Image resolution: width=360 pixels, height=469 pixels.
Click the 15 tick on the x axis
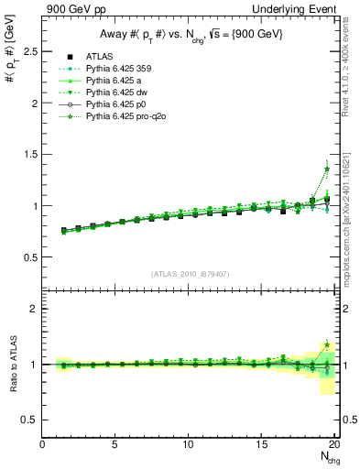(x=262, y=444)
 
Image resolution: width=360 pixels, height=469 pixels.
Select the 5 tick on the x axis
(x=115, y=444)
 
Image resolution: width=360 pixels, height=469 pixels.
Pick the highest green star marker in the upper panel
(x=326, y=169)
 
